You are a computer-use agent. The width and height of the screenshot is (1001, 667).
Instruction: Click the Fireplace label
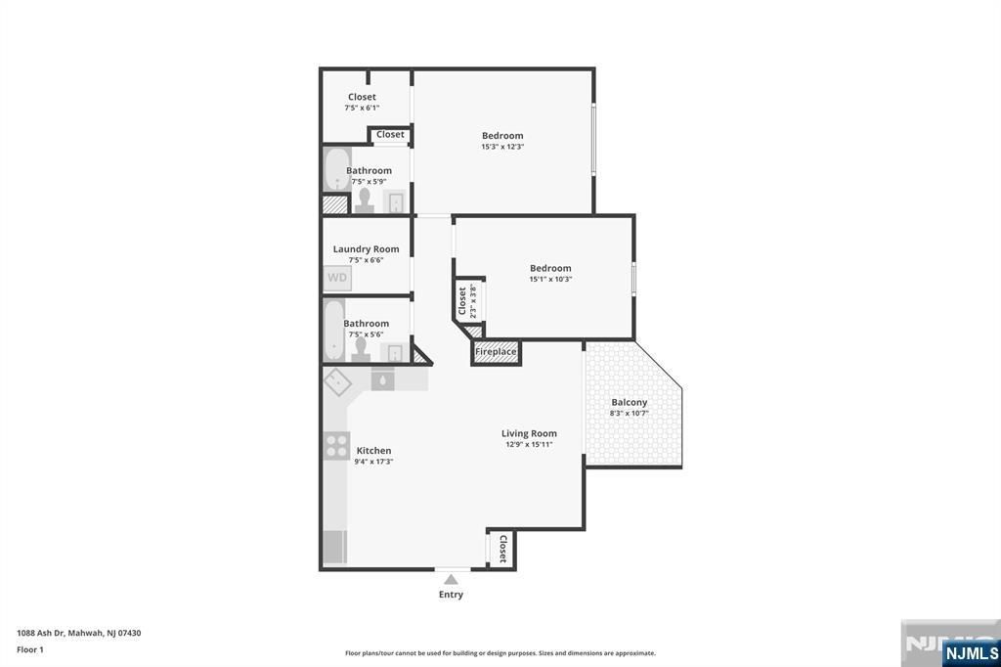coord(496,352)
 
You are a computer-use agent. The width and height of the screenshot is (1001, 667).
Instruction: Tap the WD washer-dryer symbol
coord(337,278)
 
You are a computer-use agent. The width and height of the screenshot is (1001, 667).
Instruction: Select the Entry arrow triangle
coord(451,580)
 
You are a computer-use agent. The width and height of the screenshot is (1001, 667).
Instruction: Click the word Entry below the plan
coord(451,595)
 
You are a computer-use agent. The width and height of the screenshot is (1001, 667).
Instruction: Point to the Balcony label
coord(630,403)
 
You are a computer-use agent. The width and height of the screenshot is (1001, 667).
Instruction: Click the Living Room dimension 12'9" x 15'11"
coord(529,445)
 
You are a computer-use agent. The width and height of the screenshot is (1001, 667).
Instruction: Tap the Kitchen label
coord(373,451)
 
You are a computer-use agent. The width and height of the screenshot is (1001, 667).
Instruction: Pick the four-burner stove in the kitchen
coord(336,445)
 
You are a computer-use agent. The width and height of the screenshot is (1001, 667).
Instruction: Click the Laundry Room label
coord(366,249)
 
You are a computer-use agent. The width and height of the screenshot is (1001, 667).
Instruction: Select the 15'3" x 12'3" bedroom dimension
coord(503,147)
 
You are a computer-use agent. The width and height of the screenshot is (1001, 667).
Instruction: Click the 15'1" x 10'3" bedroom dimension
coord(550,279)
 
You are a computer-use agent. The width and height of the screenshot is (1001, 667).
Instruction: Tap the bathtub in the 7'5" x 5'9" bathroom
coord(336,169)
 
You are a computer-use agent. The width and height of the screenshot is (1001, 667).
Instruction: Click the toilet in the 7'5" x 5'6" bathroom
coord(361,350)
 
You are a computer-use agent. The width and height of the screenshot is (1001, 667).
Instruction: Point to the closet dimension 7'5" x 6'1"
coord(362,108)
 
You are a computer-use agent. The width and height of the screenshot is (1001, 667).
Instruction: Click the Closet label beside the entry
coord(503,549)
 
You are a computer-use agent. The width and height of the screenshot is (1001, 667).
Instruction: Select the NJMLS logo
coord(971,652)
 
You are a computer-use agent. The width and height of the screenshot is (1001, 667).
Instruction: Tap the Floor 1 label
coord(30,649)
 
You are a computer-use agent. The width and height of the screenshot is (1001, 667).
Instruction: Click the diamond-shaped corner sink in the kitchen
coord(337,382)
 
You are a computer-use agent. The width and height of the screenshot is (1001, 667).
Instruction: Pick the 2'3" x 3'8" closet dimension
coord(473,301)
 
